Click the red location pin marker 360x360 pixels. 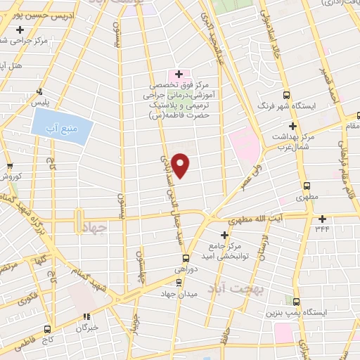click(x=181, y=166)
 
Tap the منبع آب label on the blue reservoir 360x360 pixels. click(x=63, y=127)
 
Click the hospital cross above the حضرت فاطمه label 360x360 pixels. click(x=179, y=74)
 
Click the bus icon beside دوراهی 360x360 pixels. click(x=186, y=257)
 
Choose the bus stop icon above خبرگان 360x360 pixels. click(x=87, y=317)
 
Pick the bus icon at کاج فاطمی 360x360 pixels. click(x=47, y=328)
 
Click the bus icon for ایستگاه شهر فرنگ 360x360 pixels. click(x=286, y=95)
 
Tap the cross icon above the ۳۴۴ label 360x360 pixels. click(x=322, y=218)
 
